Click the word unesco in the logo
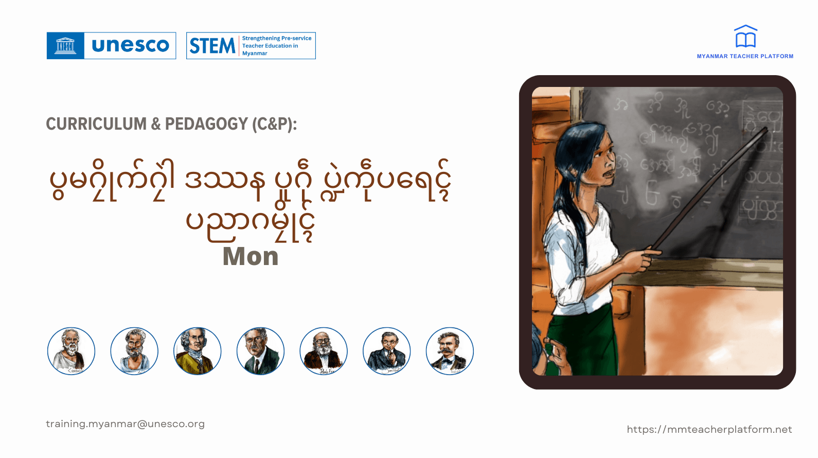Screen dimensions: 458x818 [130, 45]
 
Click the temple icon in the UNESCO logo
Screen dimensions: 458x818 [65, 46]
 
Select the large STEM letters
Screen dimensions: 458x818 [212, 46]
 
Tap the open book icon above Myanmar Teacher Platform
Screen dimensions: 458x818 [745, 37]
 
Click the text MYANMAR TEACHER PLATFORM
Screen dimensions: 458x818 [745, 57]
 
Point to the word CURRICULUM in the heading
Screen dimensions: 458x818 [96, 124]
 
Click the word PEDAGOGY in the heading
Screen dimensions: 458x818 [206, 124]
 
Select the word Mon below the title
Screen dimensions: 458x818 [251, 256]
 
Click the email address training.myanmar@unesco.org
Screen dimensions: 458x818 [125, 424]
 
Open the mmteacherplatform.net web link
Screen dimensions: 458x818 [709, 430]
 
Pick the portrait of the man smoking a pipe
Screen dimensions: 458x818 [386, 351]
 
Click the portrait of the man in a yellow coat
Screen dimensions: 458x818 [197, 351]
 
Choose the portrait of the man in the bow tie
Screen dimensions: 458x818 [450, 351]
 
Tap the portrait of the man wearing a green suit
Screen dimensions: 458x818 [260, 351]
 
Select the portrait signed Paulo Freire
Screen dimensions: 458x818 [324, 351]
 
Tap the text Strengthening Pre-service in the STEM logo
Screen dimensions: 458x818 [277, 38]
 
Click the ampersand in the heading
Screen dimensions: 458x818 [156, 124]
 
